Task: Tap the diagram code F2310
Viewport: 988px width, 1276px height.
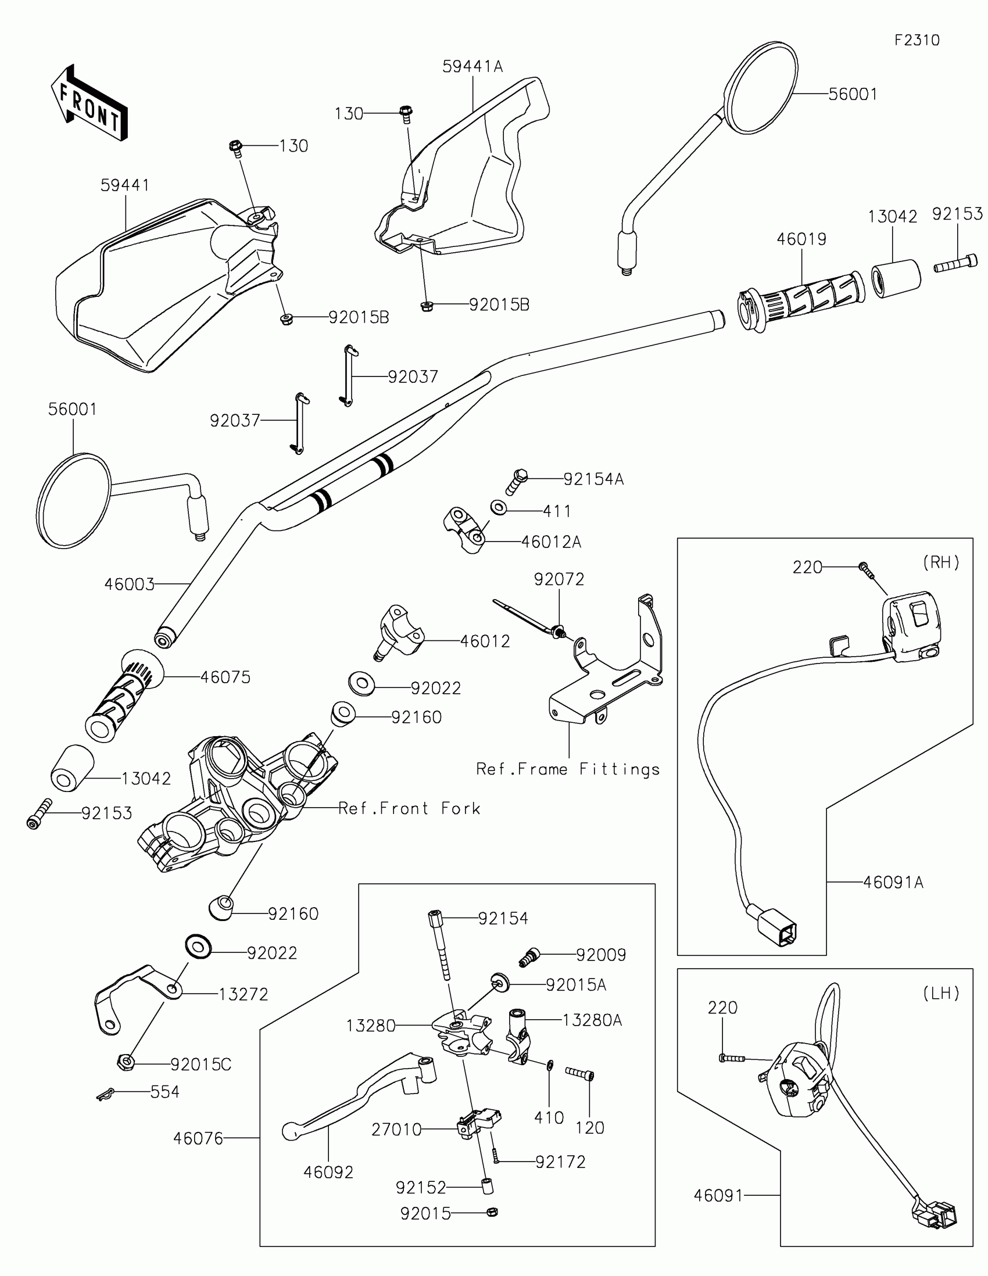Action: (x=917, y=40)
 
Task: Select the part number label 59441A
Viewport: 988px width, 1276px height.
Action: (x=472, y=67)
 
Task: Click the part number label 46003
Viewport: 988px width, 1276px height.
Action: (x=129, y=584)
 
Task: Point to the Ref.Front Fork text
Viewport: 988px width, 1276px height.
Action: (x=410, y=809)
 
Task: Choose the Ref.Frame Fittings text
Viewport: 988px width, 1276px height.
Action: (x=568, y=769)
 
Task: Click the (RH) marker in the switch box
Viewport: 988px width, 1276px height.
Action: (x=941, y=562)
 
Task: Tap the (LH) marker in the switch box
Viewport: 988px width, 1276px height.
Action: (x=941, y=994)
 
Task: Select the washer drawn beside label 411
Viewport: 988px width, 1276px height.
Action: (x=499, y=507)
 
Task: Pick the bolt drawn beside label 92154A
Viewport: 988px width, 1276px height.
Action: (x=516, y=483)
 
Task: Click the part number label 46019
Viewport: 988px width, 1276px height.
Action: (x=801, y=239)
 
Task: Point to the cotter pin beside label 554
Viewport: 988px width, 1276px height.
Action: (x=105, y=1095)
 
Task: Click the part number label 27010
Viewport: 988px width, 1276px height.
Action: (x=396, y=1130)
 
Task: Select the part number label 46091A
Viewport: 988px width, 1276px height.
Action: (x=893, y=882)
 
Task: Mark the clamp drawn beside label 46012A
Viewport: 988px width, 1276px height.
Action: (x=464, y=529)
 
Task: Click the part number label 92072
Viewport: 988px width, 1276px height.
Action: (x=559, y=579)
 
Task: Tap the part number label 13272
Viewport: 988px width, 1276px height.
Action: (x=243, y=994)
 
